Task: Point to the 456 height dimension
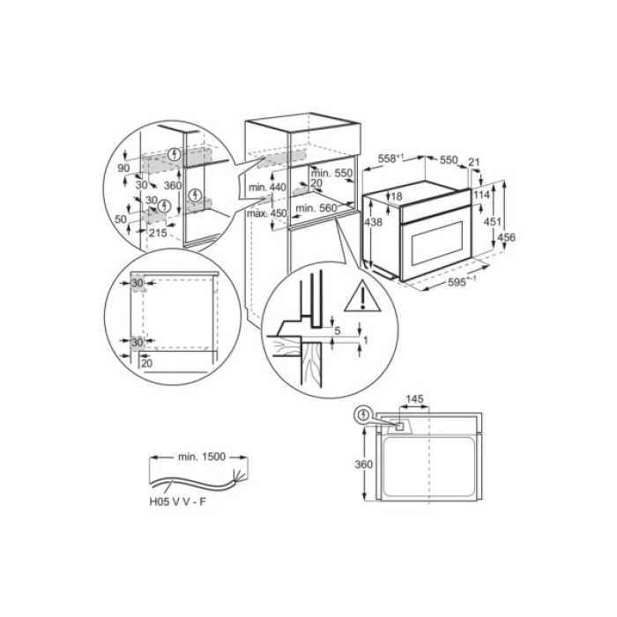[x=507, y=237]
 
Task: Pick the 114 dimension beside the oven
[x=480, y=194]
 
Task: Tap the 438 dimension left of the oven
[x=373, y=223]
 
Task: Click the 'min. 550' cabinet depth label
[x=333, y=174]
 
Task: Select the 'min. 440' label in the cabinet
[x=268, y=188]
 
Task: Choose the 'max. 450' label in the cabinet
[x=268, y=212]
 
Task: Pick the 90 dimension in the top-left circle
[x=123, y=167]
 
